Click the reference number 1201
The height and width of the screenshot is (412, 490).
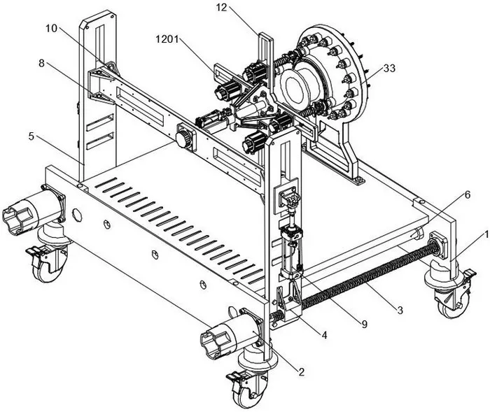point(167,39)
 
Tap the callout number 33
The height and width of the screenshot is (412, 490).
point(389,68)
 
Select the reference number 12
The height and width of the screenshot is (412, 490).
point(222,8)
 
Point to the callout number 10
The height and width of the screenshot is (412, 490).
point(52,29)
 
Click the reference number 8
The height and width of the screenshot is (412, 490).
point(41,64)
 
